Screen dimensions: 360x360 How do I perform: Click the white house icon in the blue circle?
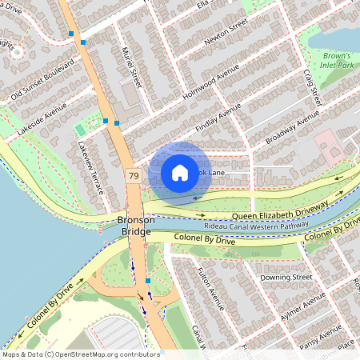pyautogui.click(x=180, y=172)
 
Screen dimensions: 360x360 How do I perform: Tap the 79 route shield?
pyautogui.click(x=133, y=174)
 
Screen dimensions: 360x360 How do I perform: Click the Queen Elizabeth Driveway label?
pyautogui.click(x=280, y=212)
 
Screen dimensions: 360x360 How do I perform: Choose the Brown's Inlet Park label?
pyautogui.click(x=335, y=60)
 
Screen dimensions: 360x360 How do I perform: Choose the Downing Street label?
pyautogui.click(x=290, y=277)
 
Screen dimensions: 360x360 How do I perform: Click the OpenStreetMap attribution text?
pyautogui.click(x=80, y=354)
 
